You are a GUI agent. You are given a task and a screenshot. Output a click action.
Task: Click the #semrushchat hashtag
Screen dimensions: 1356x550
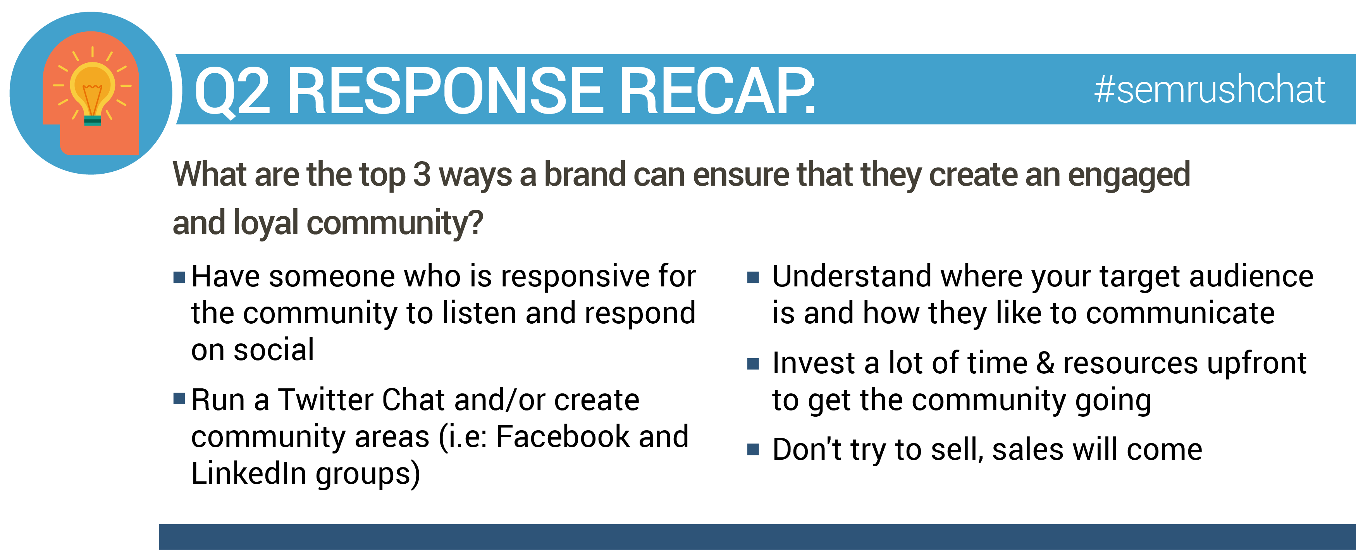pos(1209,90)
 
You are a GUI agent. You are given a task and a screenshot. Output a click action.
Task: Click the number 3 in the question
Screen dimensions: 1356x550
pos(422,174)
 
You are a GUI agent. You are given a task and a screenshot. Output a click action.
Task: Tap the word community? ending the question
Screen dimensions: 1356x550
pos(395,223)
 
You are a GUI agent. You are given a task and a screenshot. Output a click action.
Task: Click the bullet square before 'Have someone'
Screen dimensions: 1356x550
pos(179,277)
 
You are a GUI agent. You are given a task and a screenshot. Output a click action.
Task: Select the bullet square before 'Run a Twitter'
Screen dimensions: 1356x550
pos(179,399)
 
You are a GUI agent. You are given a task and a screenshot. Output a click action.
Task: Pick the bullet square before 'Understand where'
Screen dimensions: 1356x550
pos(753,277)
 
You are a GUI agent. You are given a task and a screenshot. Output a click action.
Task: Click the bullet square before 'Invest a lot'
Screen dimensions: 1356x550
pos(753,364)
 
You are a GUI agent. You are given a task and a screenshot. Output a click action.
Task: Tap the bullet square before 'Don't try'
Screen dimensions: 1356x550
pos(753,449)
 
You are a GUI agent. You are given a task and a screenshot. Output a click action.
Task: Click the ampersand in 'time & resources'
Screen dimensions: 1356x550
pos(1045,364)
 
